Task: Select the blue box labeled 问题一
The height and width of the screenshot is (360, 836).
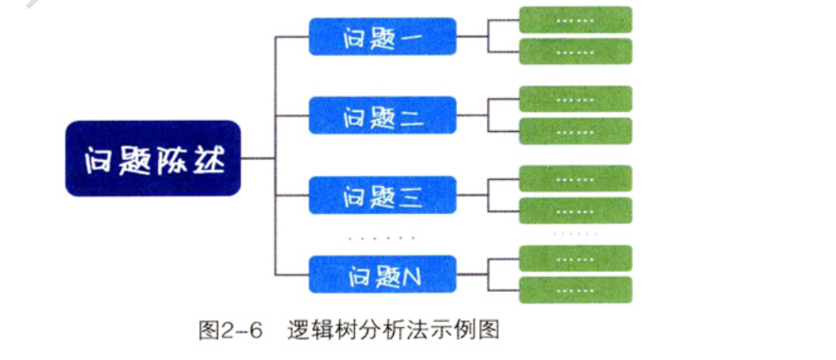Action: (382, 37)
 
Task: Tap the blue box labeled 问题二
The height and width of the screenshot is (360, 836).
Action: (382, 116)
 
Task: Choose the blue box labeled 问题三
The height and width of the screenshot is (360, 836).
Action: (382, 195)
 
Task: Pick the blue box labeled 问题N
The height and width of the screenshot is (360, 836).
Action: (382, 275)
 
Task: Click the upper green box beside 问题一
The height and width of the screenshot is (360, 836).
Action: (576, 19)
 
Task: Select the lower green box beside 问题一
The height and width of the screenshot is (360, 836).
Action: (576, 51)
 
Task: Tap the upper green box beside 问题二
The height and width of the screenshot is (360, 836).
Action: (576, 99)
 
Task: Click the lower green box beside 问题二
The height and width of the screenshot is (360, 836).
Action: (576, 131)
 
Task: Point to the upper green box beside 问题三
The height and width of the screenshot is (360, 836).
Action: (576, 178)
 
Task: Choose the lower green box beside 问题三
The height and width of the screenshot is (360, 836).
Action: (576, 210)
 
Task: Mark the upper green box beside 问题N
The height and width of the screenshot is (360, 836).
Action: (576, 258)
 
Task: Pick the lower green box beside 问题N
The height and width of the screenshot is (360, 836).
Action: (576, 289)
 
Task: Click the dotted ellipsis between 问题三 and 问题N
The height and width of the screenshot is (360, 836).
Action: (382, 237)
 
